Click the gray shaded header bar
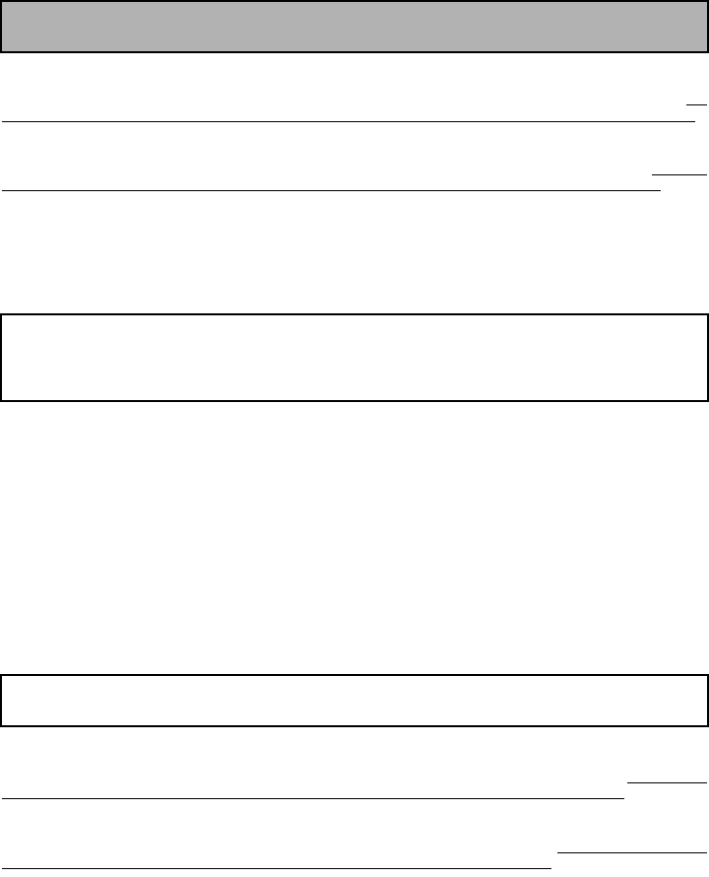354,27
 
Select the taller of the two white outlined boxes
354,358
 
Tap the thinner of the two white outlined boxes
354,700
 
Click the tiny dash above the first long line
697,103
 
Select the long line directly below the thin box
313,798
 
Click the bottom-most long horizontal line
276,868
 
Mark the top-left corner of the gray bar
2,2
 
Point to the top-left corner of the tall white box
2,315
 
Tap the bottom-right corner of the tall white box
707,400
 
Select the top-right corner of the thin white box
707,676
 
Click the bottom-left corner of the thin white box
2,724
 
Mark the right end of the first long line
694,122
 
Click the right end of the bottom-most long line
550,868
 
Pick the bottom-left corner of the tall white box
2,400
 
